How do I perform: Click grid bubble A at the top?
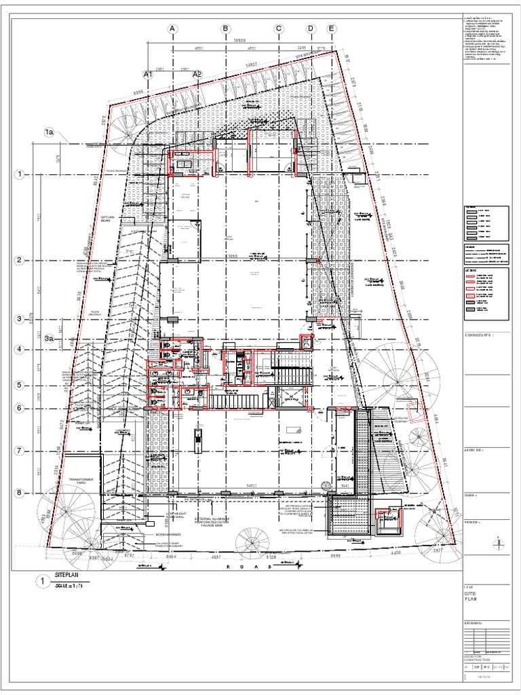[172, 29]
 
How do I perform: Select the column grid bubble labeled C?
[278, 29]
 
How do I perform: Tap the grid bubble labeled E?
[331, 29]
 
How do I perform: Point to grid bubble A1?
[148, 73]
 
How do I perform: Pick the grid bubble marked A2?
[197, 73]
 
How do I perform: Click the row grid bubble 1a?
[50, 132]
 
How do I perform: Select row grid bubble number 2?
[20, 261]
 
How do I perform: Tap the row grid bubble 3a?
[50, 337]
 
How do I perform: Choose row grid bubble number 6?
[20, 408]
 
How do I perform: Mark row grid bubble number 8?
[20, 493]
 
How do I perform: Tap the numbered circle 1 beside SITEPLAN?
[41, 582]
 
